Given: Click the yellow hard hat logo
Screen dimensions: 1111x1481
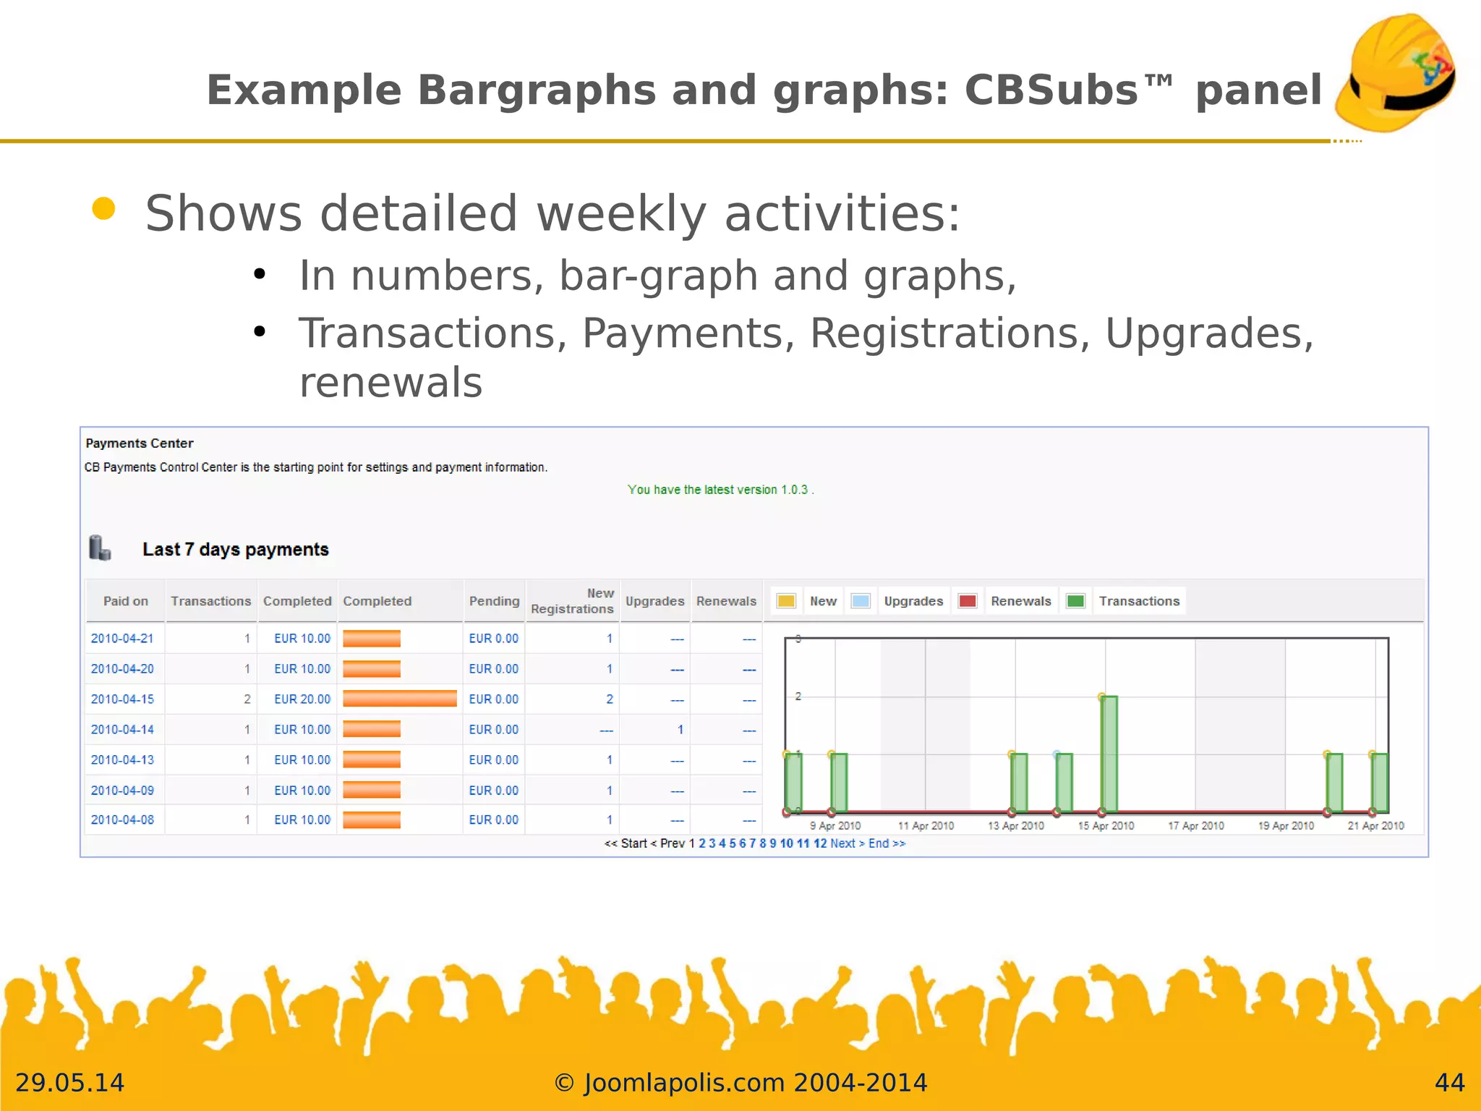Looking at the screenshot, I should tap(1396, 72).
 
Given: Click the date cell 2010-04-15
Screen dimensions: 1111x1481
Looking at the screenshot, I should tap(122, 699).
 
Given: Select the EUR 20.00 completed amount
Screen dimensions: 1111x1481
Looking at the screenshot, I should tap(302, 699).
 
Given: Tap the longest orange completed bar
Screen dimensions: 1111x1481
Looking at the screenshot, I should tap(399, 699).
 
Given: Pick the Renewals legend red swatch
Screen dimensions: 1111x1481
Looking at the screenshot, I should tap(967, 601).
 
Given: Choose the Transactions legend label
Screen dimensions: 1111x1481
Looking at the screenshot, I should tap(1139, 601).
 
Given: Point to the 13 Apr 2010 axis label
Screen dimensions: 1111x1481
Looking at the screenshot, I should tap(1015, 825).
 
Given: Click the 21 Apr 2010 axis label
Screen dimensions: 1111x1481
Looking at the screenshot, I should tap(1375, 825).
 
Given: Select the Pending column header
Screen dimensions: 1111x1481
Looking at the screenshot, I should tap(494, 601).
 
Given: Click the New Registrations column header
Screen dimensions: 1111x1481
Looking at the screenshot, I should tap(572, 601).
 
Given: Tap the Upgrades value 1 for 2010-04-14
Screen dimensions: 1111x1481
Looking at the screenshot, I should tap(680, 730).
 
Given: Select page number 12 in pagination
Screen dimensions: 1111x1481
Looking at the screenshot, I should tap(820, 843).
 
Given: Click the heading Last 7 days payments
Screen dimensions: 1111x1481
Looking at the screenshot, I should tap(235, 550).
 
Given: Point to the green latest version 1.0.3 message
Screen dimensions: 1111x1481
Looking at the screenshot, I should tap(720, 490).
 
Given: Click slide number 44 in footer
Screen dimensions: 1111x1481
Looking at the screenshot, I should tap(1449, 1083).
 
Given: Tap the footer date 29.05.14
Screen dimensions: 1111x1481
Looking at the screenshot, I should tap(69, 1083).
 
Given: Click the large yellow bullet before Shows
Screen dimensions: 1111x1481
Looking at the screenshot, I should tap(104, 208).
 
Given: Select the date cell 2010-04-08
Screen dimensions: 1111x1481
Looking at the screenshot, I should tap(122, 820).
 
